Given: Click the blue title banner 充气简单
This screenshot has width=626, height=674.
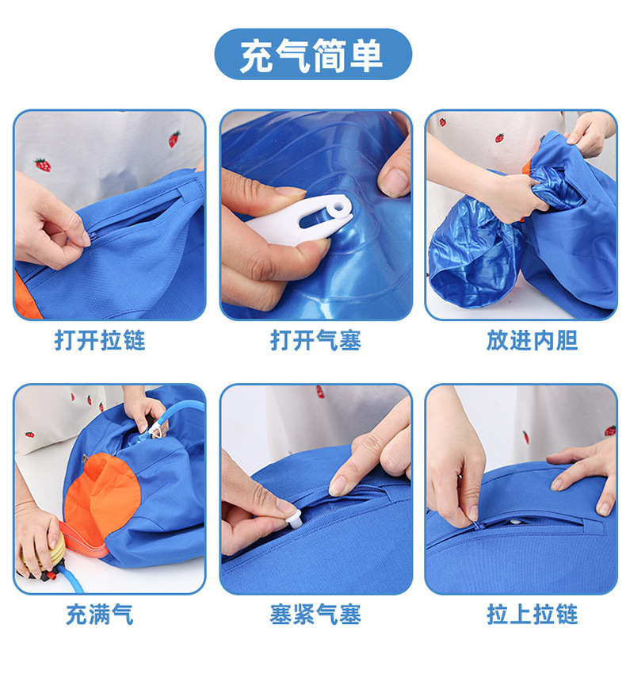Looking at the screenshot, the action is [x=313, y=54].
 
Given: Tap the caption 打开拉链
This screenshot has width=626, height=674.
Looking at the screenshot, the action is [x=100, y=340].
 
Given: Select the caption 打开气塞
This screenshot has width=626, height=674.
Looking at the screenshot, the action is [x=316, y=340].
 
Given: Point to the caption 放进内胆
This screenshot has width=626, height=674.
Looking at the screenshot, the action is [x=532, y=340].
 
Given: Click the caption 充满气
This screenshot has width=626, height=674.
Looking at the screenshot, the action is [x=100, y=615].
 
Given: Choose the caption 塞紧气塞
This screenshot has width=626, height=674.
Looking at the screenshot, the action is [x=316, y=615].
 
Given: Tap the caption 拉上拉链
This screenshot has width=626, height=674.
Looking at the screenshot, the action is [x=532, y=615].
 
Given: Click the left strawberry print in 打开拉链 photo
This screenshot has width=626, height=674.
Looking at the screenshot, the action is [x=43, y=165].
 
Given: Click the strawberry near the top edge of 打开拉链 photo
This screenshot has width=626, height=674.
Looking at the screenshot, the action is [x=174, y=139].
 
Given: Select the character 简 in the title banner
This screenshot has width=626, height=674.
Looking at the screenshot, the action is [x=329, y=55].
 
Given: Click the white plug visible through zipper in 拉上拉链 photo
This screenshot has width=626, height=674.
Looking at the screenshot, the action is [x=516, y=522].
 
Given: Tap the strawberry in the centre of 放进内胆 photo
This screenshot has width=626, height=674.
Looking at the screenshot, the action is [x=499, y=138].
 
